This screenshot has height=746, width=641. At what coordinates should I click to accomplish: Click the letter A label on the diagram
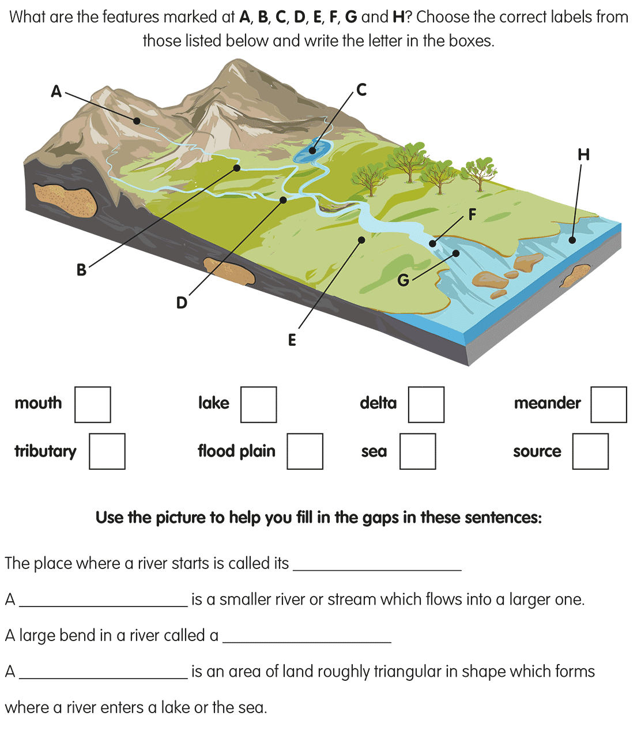pyautogui.click(x=56, y=91)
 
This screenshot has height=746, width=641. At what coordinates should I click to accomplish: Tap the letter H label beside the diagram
pyautogui.click(x=583, y=155)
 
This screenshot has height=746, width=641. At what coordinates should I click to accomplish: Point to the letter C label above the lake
pyautogui.click(x=361, y=90)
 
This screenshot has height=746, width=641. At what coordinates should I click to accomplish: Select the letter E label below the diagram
pyautogui.click(x=292, y=340)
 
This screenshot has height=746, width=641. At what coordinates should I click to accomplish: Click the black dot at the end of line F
pyautogui.click(x=433, y=244)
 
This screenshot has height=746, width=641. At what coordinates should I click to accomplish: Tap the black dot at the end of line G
pyautogui.click(x=456, y=253)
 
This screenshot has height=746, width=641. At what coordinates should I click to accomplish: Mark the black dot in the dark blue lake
pyautogui.click(x=312, y=150)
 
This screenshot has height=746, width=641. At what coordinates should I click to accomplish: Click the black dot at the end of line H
pyautogui.click(x=572, y=240)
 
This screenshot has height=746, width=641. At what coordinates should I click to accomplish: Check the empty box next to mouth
pyautogui.click(x=93, y=405)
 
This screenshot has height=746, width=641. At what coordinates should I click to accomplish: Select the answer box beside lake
pyautogui.click(x=258, y=405)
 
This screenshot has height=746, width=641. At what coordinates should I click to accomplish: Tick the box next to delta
pyautogui.click(x=426, y=405)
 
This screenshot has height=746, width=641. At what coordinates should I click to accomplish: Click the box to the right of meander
pyautogui.click(x=608, y=405)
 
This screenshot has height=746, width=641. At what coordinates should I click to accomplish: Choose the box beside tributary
pyautogui.click(x=107, y=451)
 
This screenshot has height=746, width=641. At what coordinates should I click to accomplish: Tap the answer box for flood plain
pyautogui.click(x=305, y=451)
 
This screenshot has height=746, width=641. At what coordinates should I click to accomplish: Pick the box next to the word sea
pyautogui.click(x=418, y=451)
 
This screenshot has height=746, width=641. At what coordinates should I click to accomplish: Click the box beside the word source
pyautogui.click(x=590, y=451)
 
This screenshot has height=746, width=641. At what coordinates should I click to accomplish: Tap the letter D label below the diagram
pyautogui.click(x=182, y=303)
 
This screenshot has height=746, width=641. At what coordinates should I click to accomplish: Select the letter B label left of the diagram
pyautogui.click(x=81, y=269)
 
